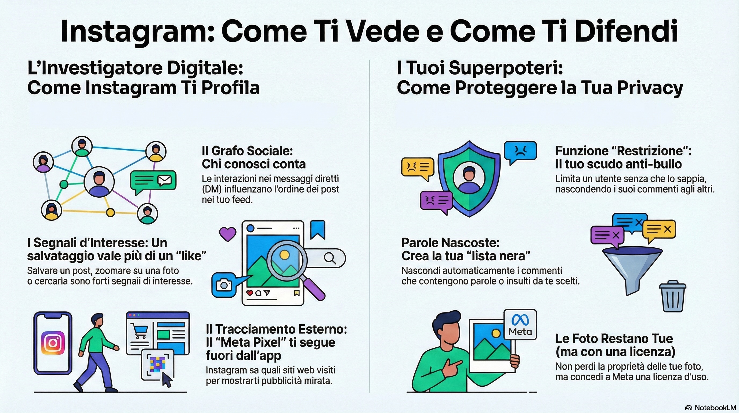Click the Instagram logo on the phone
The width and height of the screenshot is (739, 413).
(x=53, y=343)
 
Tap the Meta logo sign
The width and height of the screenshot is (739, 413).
(x=520, y=325)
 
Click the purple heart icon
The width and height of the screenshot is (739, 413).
(x=228, y=234)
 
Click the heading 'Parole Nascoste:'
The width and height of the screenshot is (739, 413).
(x=450, y=243)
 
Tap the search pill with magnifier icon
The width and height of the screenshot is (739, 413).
(x=330, y=258)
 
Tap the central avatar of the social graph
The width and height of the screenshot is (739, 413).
(x=99, y=182)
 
